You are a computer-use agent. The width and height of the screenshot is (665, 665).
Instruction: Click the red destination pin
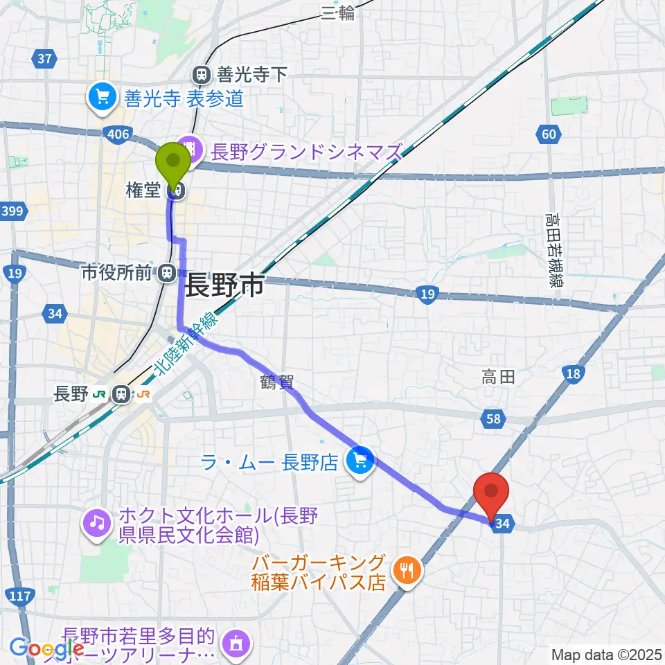[x=491, y=493]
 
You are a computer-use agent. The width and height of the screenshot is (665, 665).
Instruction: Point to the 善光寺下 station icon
[x=202, y=74]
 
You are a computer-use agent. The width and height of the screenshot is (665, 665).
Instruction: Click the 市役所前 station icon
[x=167, y=274]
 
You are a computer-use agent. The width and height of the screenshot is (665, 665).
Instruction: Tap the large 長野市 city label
[x=224, y=284]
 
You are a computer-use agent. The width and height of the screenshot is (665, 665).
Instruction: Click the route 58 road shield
[x=493, y=418]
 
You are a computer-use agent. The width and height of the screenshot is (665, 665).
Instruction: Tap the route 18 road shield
[x=573, y=375]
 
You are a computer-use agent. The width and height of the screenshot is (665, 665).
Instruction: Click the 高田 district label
[x=498, y=377]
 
